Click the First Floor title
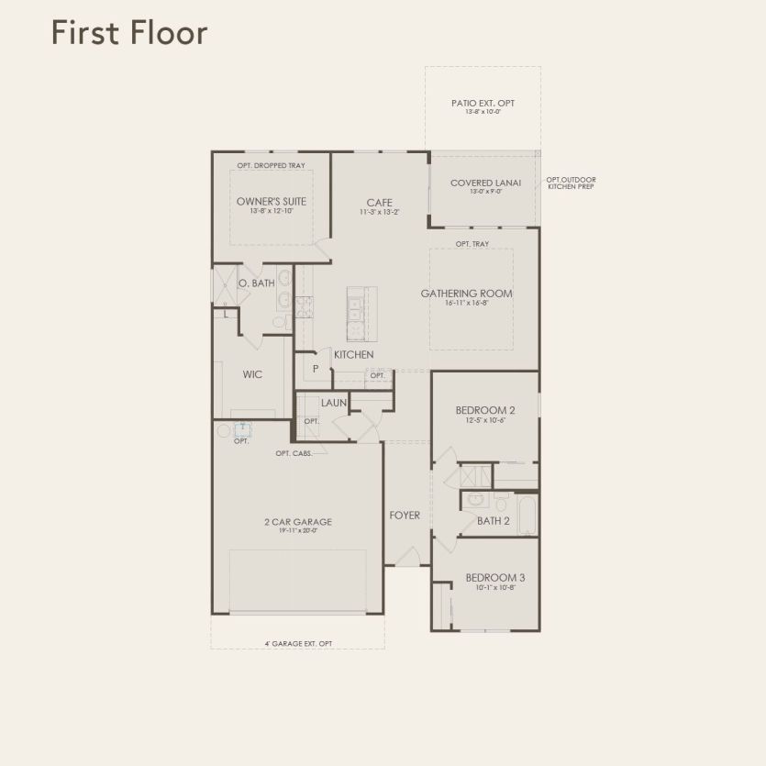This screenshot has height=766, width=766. [x=129, y=32]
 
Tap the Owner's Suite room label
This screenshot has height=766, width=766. [x=271, y=201]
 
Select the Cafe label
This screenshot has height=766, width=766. [x=380, y=203]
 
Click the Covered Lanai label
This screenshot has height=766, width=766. [x=485, y=183]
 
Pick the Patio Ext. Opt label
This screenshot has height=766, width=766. [x=483, y=104]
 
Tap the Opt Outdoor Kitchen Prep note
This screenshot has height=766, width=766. [x=572, y=183]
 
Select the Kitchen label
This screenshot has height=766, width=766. [x=353, y=354]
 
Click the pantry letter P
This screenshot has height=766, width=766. [x=316, y=369]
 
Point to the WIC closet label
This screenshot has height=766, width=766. [x=252, y=374]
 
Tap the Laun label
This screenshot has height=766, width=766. [x=333, y=402]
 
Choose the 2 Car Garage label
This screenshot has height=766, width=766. [x=297, y=522]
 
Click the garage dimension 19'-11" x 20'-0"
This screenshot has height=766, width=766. [x=297, y=531]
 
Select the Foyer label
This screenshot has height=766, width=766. [x=405, y=516]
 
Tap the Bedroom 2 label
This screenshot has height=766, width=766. [x=485, y=410]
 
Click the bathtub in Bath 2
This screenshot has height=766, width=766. [x=528, y=516]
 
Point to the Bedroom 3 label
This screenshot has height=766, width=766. [x=495, y=578]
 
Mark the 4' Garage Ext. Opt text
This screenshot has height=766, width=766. [x=297, y=643]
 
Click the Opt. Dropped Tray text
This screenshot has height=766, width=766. [x=271, y=166]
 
